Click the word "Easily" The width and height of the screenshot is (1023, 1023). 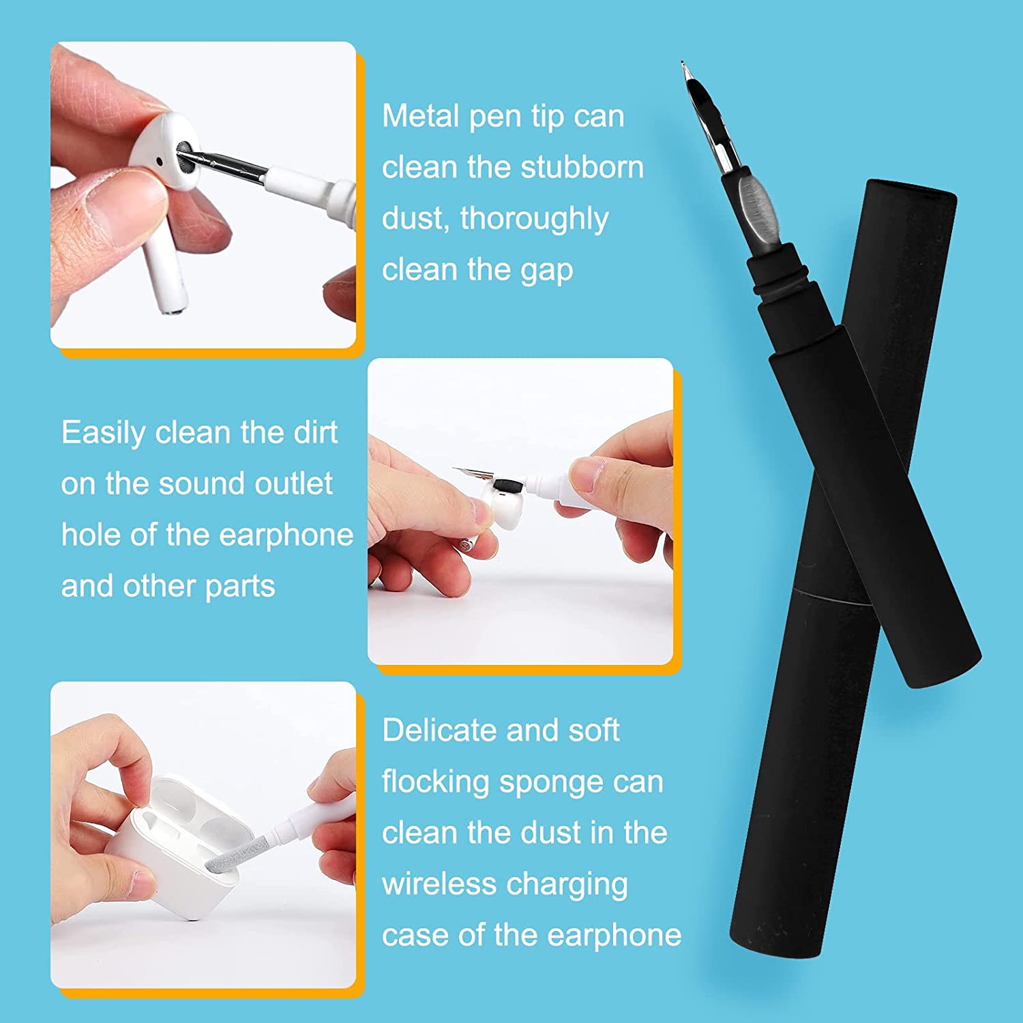[x=104, y=433]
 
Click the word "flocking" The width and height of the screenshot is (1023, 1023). [x=435, y=782]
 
